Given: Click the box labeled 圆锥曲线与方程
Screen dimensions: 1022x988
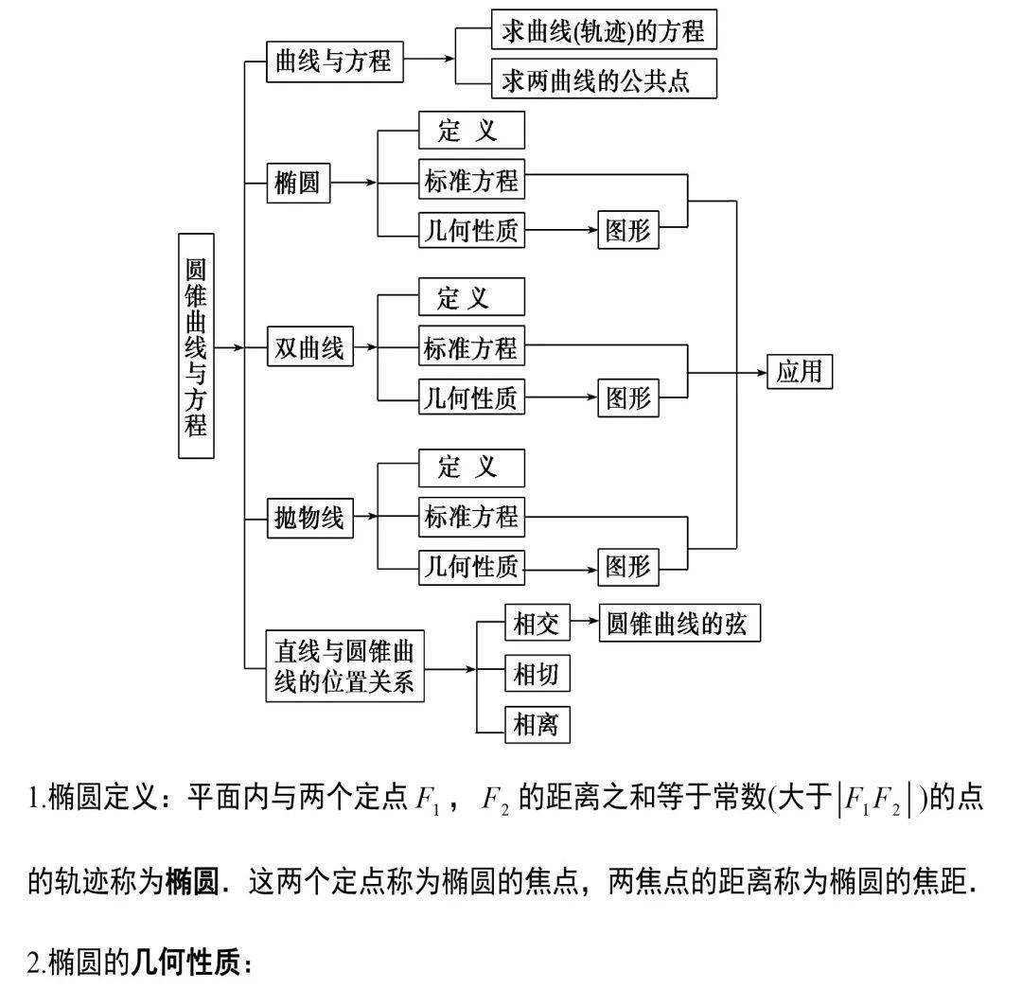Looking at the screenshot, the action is click(196, 345).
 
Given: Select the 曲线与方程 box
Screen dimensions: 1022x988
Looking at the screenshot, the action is click(335, 62).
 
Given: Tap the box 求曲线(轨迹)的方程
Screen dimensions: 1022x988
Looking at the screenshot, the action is click(604, 29).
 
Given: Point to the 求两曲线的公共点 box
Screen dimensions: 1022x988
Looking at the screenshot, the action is click(604, 79).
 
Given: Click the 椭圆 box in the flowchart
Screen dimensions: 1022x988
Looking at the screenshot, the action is click(298, 184).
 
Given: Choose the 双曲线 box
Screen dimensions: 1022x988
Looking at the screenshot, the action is click(310, 346).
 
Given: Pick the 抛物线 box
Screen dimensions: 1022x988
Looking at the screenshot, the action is click(310, 518).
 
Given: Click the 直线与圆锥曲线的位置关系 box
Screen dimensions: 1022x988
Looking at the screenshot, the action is click(344, 666).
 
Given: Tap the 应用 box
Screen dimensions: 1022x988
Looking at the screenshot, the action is click(800, 372).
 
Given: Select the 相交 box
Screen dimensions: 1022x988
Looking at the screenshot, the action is click(537, 623).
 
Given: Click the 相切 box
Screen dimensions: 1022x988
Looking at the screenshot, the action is click(537, 673).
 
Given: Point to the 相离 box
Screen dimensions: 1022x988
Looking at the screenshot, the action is click(537, 724).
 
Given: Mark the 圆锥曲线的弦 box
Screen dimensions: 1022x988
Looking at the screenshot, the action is click(679, 623).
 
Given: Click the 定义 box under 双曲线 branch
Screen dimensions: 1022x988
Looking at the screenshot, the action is click(471, 297).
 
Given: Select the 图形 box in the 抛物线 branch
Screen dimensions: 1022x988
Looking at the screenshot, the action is click(628, 566).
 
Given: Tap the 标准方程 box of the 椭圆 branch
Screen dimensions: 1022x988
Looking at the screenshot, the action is click(471, 179).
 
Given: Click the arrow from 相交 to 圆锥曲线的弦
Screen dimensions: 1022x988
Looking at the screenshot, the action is click(585, 621).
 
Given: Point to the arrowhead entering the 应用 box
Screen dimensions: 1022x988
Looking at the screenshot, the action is click(762, 373).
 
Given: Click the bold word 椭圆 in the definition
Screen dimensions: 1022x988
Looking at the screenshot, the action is click(191, 882).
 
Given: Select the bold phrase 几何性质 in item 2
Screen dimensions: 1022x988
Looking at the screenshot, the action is click(185, 962).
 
